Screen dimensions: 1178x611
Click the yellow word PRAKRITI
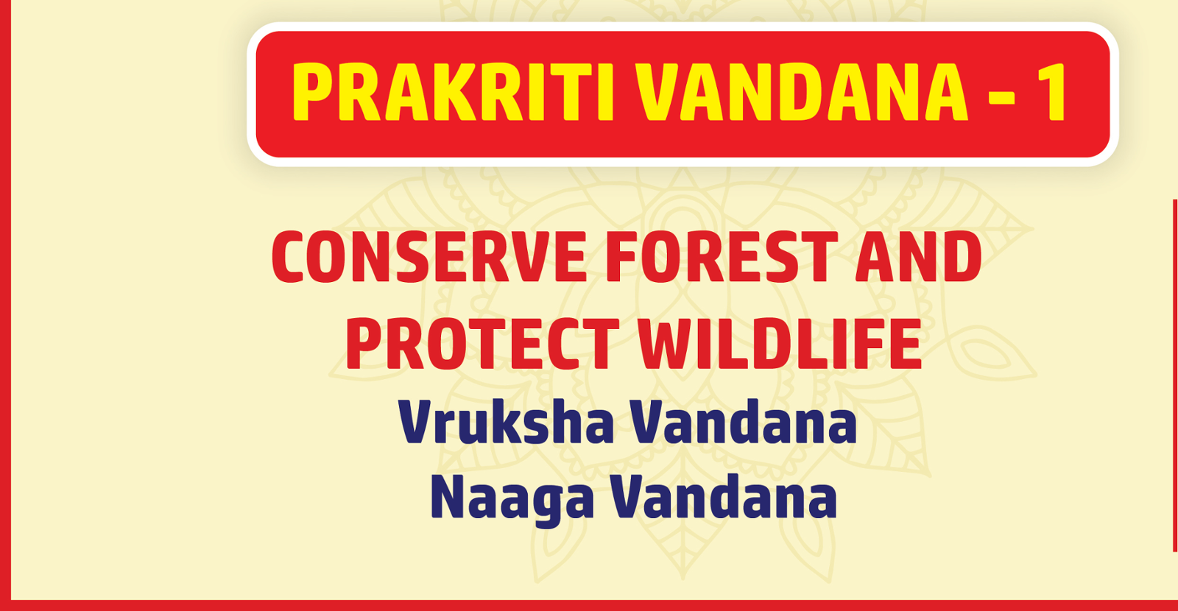[x=452, y=93]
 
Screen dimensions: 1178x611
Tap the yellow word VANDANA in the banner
[x=801, y=93]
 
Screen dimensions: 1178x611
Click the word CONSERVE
[x=428, y=258]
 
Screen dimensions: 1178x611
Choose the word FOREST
[x=722, y=258]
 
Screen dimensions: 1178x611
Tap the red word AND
[x=918, y=258]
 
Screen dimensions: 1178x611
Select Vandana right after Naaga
[x=724, y=498]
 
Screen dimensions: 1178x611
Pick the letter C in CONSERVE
[x=287, y=258]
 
